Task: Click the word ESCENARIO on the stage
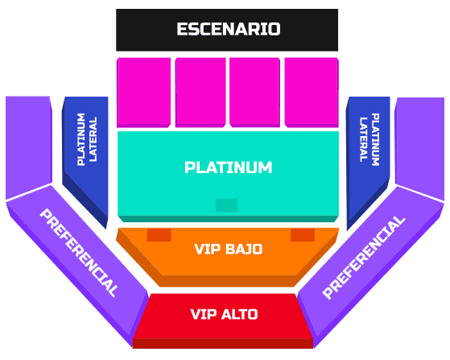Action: [229, 29]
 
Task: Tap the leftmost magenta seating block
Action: [144, 93]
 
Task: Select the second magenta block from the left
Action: [200, 93]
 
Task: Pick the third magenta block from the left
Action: [254, 93]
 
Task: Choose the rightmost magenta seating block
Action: [312, 93]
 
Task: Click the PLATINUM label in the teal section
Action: [228, 168]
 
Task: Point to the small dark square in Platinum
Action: [226, 205]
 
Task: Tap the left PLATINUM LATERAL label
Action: [87, 139]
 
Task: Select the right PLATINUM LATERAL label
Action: [369, 139]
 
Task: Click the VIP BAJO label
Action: [229, 249]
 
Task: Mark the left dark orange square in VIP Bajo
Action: [159, 235]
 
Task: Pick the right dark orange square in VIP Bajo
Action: [303, 235]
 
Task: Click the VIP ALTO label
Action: [224, 314]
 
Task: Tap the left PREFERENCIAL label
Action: [79, 253]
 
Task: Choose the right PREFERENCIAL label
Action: [364, 257]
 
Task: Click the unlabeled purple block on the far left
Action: [29, 147]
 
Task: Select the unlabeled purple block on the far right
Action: [419, 149]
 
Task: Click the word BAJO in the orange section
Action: [244, 249]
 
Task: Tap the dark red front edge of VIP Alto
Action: [223, 343]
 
